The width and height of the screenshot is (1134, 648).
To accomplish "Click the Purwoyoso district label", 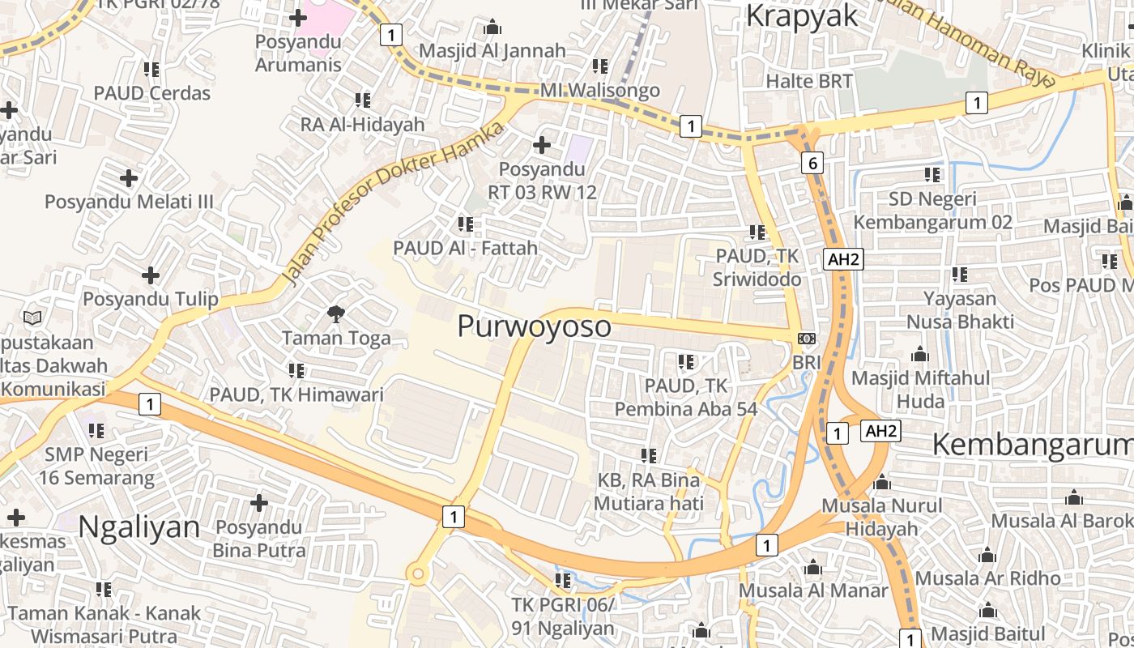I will (x=534, y=326).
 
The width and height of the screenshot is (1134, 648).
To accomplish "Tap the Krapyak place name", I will (x=800, y=16).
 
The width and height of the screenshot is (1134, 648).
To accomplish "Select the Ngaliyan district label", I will (x=139, y=526).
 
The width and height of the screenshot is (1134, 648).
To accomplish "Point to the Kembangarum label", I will (x=1033, y=445).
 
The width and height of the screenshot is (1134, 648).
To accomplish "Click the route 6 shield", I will (x=813, y=163).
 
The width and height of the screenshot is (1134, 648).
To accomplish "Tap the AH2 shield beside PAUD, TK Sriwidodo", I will (x=843, y=259).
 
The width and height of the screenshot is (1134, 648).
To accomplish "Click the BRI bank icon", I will (x=807, y=338).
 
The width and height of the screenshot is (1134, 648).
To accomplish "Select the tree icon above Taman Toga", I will (x=335, y=313).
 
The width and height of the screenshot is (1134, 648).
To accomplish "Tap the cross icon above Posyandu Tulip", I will (x=151, y=275).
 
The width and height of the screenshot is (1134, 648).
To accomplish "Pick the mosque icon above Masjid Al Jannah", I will (x=492, y=28).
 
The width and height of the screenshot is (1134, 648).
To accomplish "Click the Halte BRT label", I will (x=809, y=81).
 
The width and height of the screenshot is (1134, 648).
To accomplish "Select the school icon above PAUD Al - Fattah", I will (x=465, y=224).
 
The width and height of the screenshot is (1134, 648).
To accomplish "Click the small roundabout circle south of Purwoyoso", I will (x=418, y=574).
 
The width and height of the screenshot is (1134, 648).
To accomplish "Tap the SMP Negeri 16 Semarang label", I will (x=96, y=466).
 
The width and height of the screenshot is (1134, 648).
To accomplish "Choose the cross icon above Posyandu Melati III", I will (x=129, y=178).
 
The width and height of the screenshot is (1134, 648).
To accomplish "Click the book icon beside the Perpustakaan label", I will (x=32, y=318).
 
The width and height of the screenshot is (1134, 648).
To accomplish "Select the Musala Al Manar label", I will (x=813, y=590).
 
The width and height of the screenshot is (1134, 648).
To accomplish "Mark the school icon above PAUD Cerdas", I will (x=151, y=70).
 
